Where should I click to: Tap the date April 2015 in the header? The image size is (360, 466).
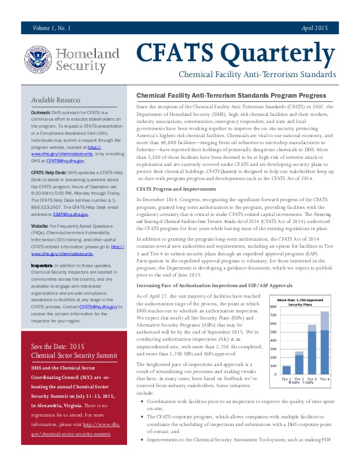click(315, 28)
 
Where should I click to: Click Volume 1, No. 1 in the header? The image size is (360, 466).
click(52, 28)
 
